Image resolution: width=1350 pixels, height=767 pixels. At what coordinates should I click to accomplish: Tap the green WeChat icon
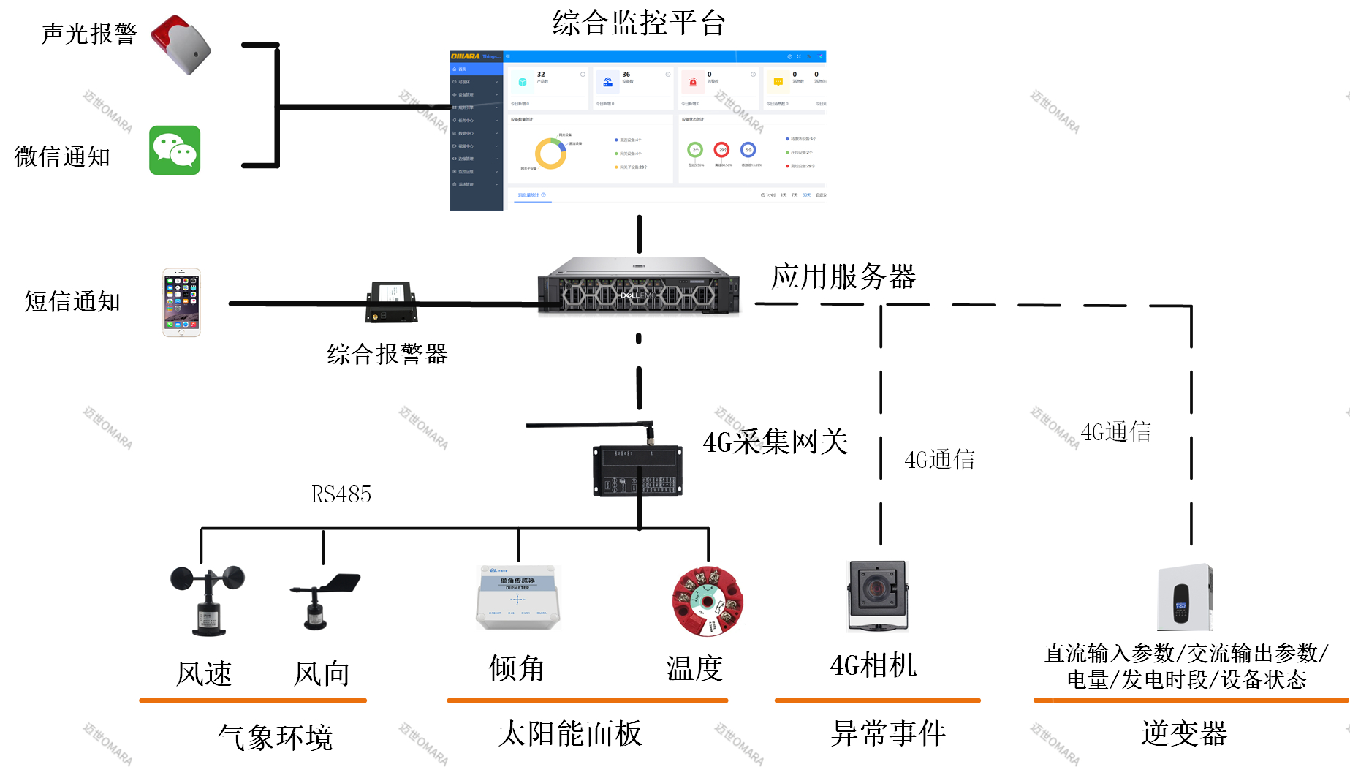(x=175, y=151)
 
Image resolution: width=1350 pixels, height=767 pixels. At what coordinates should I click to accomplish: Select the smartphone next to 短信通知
(x=181, y=303)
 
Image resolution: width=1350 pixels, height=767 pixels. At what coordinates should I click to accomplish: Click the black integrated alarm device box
(x=392, y=302)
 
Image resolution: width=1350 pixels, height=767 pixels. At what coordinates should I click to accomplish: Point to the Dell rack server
(x=638, y=286)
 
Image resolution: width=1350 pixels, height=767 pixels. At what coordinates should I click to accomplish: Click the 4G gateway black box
(x=637, y=471)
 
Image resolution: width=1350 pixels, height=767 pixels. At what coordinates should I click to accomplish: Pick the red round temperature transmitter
(x=708, y=601)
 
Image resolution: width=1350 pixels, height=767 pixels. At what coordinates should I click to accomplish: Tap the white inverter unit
(x=1185, y=597)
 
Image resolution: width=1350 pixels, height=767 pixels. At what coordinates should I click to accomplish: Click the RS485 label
(x=341, y=495)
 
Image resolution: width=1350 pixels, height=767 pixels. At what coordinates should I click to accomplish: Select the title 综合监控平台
(x=638, y=23)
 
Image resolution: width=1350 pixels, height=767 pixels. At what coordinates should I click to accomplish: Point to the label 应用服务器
(x=843, y=277)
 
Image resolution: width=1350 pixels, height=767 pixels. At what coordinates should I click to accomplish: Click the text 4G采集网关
(x=775, y=442)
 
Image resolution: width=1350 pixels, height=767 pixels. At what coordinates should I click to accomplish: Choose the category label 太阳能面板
(x=570, y=733)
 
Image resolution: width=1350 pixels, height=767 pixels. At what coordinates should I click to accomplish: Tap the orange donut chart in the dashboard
(x=550, y=154)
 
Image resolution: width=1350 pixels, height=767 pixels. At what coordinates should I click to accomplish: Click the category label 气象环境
(x=275, y=737)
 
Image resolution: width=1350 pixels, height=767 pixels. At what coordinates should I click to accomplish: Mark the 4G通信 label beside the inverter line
(x=1115, y=432)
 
